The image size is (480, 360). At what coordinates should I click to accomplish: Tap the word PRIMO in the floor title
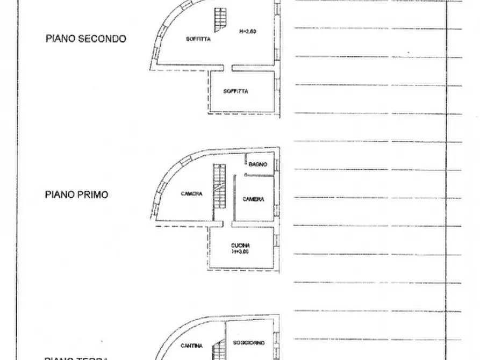(x=92, y=195)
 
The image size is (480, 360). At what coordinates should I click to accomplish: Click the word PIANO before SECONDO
(x=61, y=39)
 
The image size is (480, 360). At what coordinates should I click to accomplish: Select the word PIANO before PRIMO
(x=60, y=195)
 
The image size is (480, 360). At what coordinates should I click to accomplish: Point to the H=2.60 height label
(x=248, y=31)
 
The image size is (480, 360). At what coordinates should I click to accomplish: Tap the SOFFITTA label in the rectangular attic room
(x=236, y=91)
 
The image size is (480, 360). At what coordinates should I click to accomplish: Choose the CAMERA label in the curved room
(x=191, y=194)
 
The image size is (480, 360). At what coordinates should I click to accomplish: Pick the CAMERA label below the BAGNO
(x=253, y=199)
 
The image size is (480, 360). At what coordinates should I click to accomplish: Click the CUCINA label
(x=241, y=246)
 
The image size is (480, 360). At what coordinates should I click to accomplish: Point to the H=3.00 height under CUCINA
(x=241, y=251)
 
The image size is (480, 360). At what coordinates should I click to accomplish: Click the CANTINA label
(x=191, y=345)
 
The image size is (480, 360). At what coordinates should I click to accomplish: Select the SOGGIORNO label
(x=249, y=342)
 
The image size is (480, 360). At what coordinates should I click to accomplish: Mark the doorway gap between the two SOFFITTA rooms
(x=228, y=68)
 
